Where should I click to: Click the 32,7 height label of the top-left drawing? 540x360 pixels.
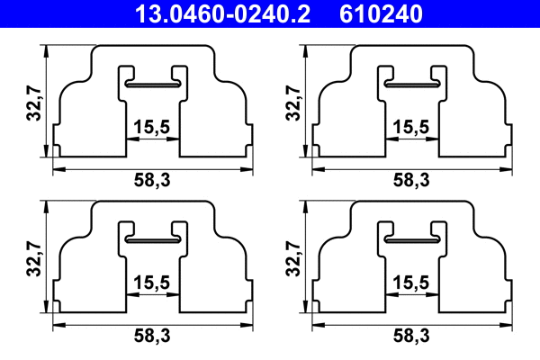[x=36, y=106]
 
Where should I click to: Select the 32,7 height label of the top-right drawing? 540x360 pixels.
[x=292, y=106]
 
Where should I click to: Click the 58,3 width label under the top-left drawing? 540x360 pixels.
[x=151, y=181]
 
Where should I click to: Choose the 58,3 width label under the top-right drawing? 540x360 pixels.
[x=409, y=181]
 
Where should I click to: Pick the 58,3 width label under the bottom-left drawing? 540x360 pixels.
[x=151, y=336]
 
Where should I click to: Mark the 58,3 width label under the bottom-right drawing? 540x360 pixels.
[x=409, y=336]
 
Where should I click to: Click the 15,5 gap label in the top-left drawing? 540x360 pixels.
[x=151, y=128]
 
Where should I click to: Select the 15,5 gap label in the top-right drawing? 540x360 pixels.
[x=409, y=128]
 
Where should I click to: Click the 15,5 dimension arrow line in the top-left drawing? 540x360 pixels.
[x=151, y=140]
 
